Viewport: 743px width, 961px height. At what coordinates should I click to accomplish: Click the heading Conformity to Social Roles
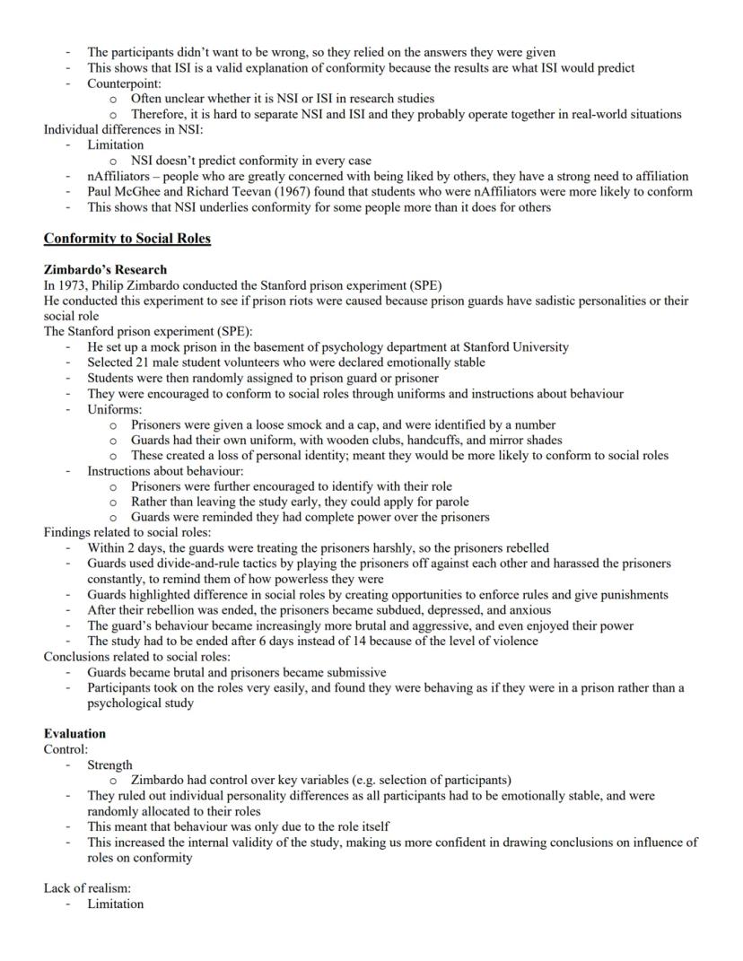[127, 239]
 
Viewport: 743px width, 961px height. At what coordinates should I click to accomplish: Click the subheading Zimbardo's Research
[105, 269]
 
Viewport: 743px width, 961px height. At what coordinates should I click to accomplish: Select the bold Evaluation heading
[74, 733]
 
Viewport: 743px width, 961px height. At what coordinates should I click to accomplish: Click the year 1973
[74, 285]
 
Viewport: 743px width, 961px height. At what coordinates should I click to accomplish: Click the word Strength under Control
[109, 765]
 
